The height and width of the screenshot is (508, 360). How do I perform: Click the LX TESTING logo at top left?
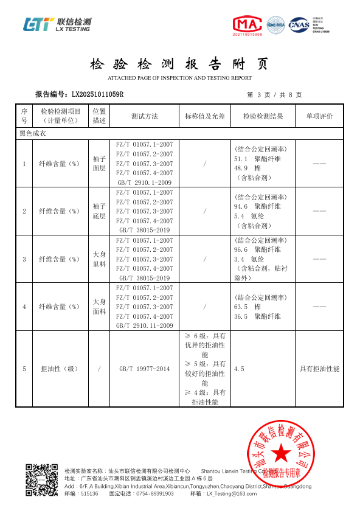pos(57,24)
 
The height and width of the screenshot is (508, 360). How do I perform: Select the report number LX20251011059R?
pos(97,94)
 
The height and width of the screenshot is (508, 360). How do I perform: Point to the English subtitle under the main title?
pos(179,78)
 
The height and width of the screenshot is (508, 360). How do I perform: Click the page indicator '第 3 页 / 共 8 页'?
pos(274,94)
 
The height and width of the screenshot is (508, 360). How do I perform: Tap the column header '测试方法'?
pos(144,116)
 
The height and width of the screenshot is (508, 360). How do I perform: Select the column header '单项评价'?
pos(319,116)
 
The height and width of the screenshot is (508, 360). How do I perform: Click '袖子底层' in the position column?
pos(99,211)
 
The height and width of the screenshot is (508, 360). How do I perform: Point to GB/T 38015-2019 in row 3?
pos(144,278)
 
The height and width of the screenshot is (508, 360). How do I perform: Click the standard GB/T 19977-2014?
pos(145,369)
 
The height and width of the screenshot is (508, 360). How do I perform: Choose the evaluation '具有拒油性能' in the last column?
pos(319,369)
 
